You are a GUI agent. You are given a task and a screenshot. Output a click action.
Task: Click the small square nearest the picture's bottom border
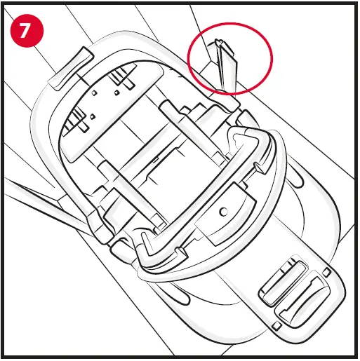pyautogui.click(x=278, y=327)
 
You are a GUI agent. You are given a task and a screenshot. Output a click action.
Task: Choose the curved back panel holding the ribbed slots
pyautogui.click(x=112, y=105)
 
